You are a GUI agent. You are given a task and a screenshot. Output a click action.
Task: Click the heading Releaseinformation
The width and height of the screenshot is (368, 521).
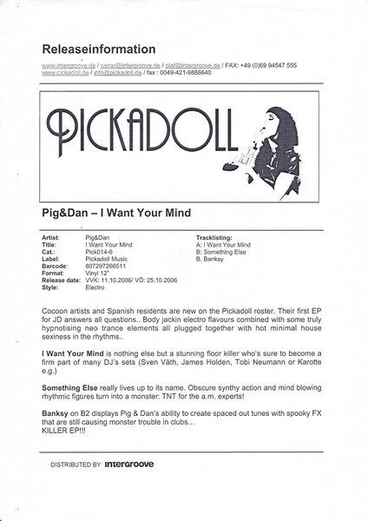[98, 49]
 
